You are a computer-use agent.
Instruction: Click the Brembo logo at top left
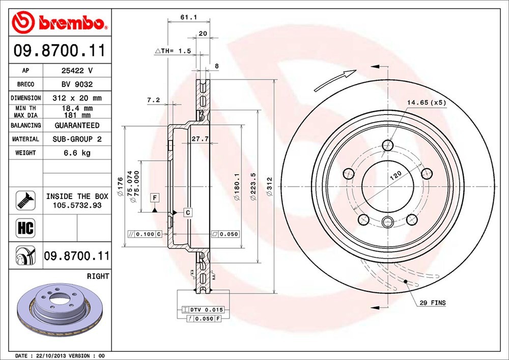pyautogui.click(x=60, y=22)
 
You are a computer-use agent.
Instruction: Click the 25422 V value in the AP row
pyautogui.click(x=77, y=70)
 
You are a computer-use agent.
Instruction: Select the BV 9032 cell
pyautogui.click(x=77, y=84)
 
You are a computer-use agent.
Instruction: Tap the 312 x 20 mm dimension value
pyautogui.click(x=77, y=98)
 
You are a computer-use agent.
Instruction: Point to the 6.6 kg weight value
pyautogui.click(x=77, y=153)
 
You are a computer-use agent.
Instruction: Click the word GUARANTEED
pyautogui.click(x=77, y=125)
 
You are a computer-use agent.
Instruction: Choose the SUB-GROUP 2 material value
pyautogui.click(x=77, y=139)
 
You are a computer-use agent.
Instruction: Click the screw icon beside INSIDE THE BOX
pyautogui.click(x=25, y=200)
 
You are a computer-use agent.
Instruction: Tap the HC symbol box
pyautogui.click(x=25, y=228)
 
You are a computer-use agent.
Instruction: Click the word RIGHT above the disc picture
pyautogui.click(x=98, y=276)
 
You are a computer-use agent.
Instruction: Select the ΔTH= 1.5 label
pyautogui.click(x=173, y=50)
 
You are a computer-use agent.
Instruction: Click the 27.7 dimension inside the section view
pyautogui.click(x=200, y=139)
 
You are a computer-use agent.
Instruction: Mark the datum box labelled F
pyautogui.click(x=155, y=198)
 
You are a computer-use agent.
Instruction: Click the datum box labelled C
pyautogui.click(x=188, y=213)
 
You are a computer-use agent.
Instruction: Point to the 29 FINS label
pyautogui.click(x=432, y=303)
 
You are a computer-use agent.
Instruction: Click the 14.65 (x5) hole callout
pyautogui.click(x=427, y=102)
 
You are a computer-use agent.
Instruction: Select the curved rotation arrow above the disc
pyautogui.click(x=335, y=80)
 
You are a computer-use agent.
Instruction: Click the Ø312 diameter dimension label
pyautogui.click(x=269, y=186)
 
